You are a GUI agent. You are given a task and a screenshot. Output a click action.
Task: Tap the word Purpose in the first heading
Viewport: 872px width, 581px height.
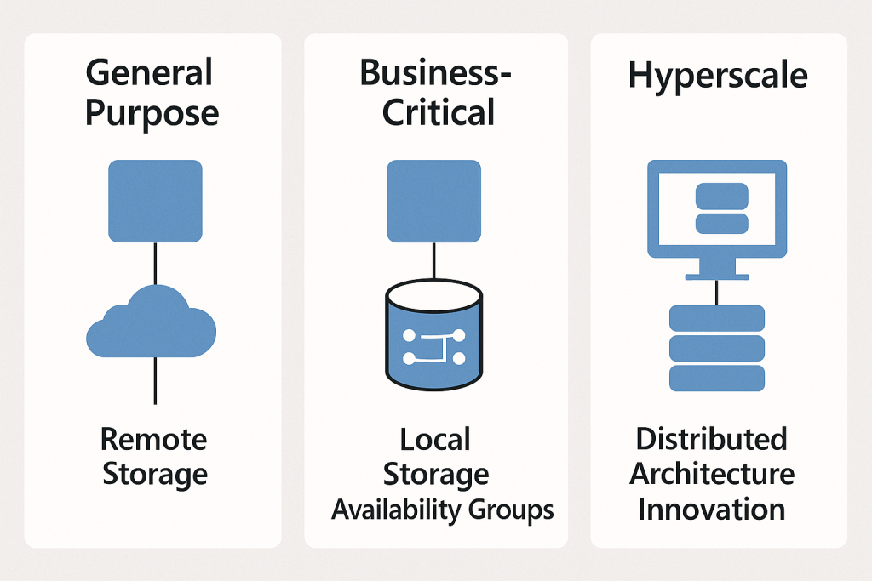coord(152,112)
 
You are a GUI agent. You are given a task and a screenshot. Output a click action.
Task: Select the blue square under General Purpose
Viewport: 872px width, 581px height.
coord(155,202)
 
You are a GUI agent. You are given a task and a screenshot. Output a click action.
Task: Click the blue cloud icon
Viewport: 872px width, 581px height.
coord(152,324)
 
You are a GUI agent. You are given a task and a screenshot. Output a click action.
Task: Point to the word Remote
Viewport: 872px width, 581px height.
coord(154,440)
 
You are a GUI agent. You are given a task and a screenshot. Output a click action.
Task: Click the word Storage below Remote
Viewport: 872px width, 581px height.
coord(154,474)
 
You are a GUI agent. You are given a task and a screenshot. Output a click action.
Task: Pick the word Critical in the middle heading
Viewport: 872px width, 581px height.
coord(438,112)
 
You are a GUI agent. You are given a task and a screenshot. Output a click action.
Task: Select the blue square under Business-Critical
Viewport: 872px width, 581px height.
coord(433,202)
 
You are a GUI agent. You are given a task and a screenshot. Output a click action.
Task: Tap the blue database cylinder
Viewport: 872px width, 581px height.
coord(434,337)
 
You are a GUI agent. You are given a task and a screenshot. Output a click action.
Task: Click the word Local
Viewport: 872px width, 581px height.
coord(435,440)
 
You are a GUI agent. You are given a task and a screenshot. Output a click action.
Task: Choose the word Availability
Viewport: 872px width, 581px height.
coord(396,510)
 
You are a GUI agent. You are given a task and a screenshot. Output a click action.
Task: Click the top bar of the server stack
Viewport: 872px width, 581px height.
coord(717,319)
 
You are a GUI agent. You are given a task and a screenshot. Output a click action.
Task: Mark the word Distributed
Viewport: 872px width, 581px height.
coord(712,440)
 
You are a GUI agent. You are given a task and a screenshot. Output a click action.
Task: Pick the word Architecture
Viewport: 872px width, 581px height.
coord(712,474)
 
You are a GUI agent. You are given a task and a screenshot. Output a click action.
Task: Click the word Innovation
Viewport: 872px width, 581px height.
coord(712,510)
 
